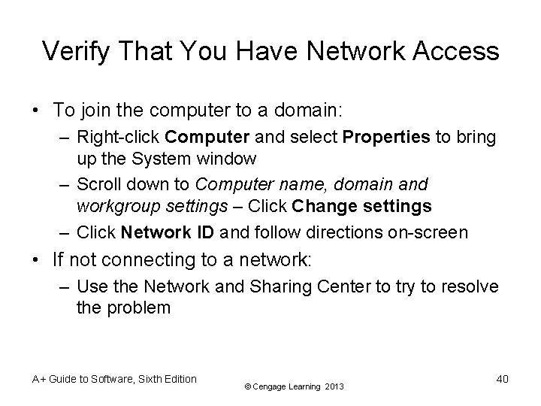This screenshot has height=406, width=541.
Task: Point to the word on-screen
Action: click(x=427, y=232)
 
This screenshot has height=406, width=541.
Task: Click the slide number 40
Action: click(x=502, y=379)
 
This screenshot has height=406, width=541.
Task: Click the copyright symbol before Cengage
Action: click(x=249, y=387)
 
